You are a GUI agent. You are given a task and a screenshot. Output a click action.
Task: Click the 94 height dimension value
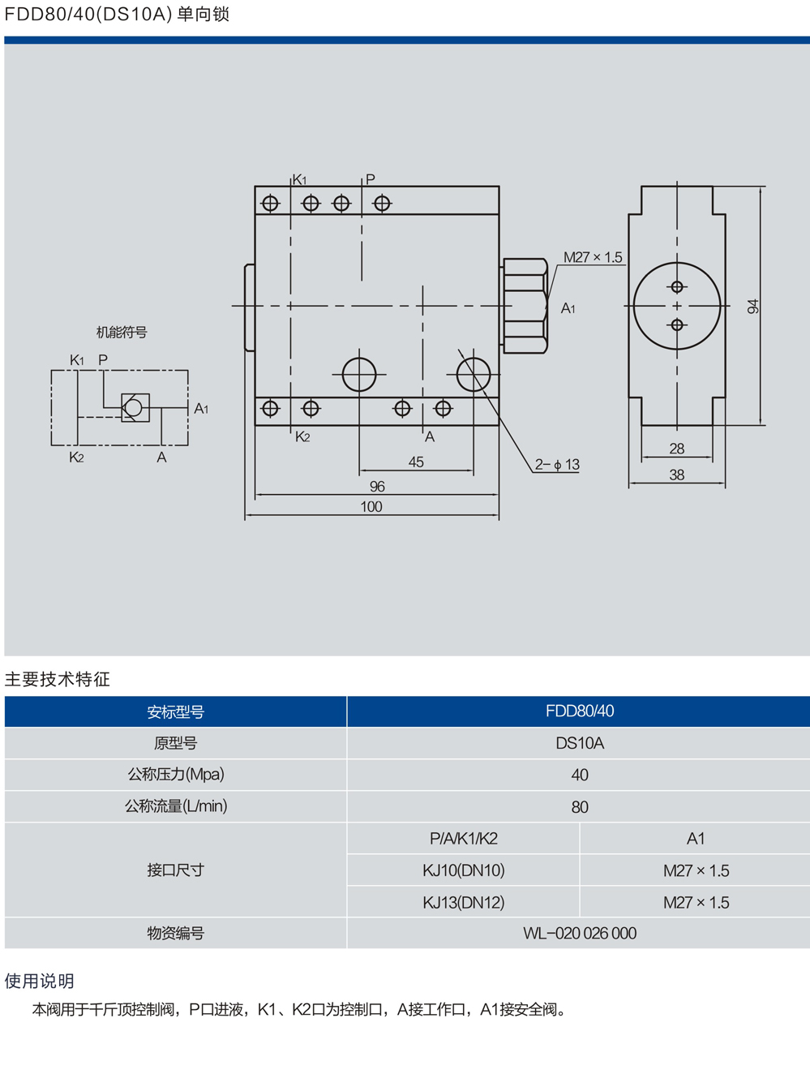tap(753, 307)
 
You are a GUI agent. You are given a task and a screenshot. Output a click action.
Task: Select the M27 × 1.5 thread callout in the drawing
tap(593, 257)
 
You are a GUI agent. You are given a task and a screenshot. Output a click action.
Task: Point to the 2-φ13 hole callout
tap(557, 465)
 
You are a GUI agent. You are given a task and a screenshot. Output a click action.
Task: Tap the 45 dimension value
tap(416, 462)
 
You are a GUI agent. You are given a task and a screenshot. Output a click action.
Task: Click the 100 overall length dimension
tap(371, 507)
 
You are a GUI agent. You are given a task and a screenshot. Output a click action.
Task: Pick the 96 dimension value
tap(377, 487)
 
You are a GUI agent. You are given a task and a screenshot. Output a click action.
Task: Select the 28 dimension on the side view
tap(677, 449)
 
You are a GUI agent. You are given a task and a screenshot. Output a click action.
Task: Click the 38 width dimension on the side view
tap(677, 475)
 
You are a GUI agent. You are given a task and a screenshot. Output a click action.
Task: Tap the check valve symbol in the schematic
tap(135, 407)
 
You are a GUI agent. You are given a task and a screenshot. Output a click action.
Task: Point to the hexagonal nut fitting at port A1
tap(525, 306)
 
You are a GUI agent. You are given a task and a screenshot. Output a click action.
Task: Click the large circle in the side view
tap(677, 306)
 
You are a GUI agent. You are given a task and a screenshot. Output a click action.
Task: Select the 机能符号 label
tap(122, 333)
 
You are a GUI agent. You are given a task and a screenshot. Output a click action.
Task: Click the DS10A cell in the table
tap(579, 743)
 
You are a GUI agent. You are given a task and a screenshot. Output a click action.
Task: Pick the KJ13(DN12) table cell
tap(463, 902)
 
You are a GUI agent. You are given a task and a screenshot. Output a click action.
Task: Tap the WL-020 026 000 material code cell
tap(579, 934)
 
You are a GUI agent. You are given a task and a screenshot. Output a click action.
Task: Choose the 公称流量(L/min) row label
tap(175, 806)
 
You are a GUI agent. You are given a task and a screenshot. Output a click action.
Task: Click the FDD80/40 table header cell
tap(579, 711)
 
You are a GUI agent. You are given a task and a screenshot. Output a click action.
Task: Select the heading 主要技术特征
tap(57, 679)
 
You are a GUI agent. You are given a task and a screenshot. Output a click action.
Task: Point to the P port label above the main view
tap(371, 179)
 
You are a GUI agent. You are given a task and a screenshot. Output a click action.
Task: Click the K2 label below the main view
tap(302, 437)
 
